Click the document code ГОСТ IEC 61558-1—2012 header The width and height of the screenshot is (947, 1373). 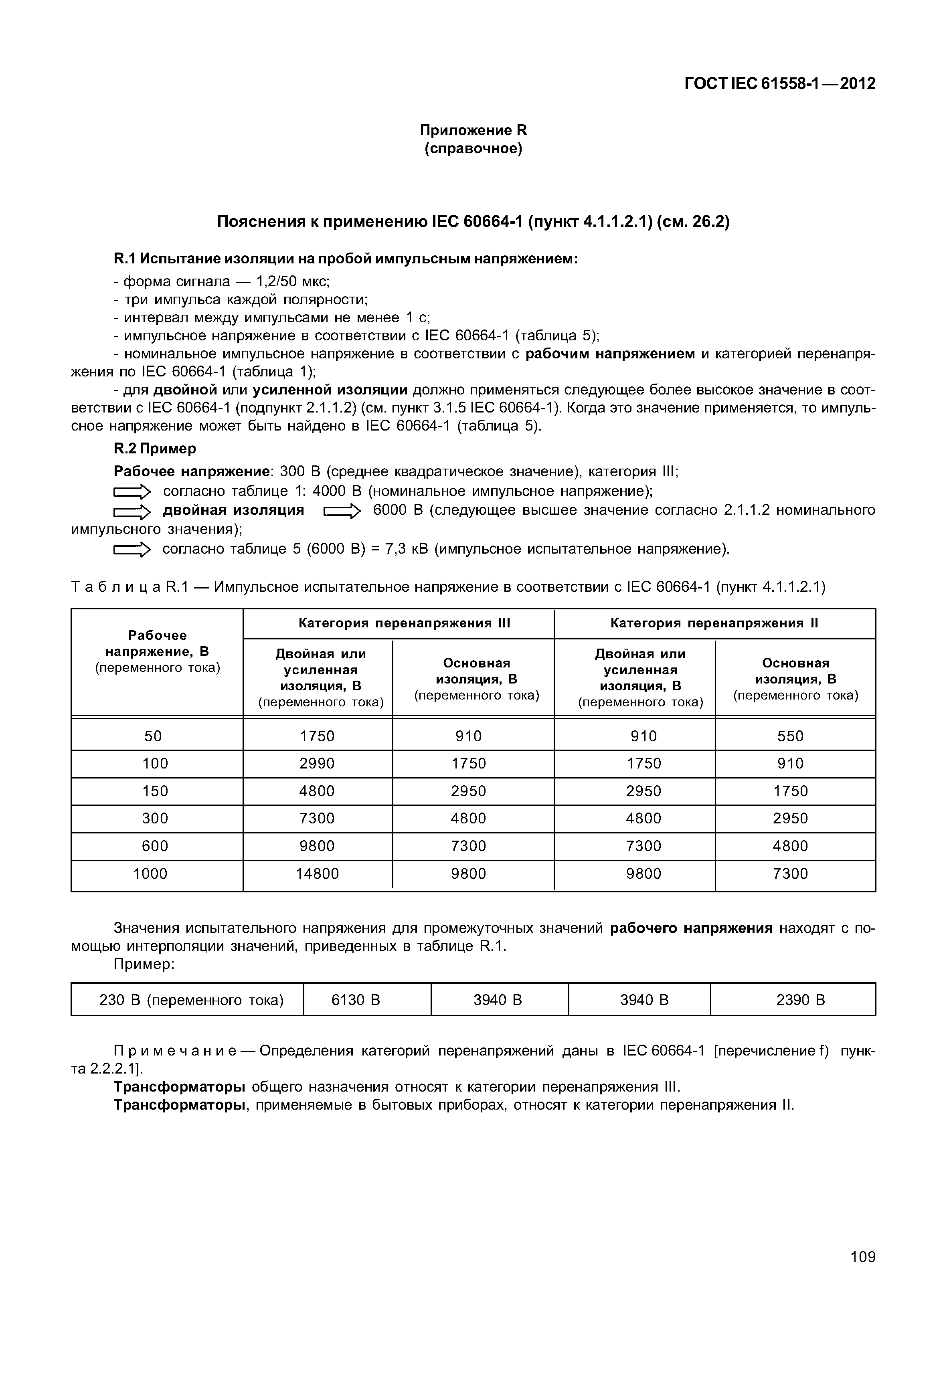pyautogui.click(x=780, y=84)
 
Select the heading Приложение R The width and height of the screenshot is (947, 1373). pyautogui.click(x=473, y=130)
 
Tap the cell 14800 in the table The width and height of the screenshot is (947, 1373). pyautogui.click(x=318, y=874)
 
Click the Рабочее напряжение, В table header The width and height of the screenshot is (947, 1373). pyautogui.click(x=157, y=651)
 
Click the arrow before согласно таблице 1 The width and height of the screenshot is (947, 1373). pyautogui.click(x=132, y=492)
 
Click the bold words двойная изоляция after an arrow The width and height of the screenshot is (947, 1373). pyautogui.click(x=233, y=510)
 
